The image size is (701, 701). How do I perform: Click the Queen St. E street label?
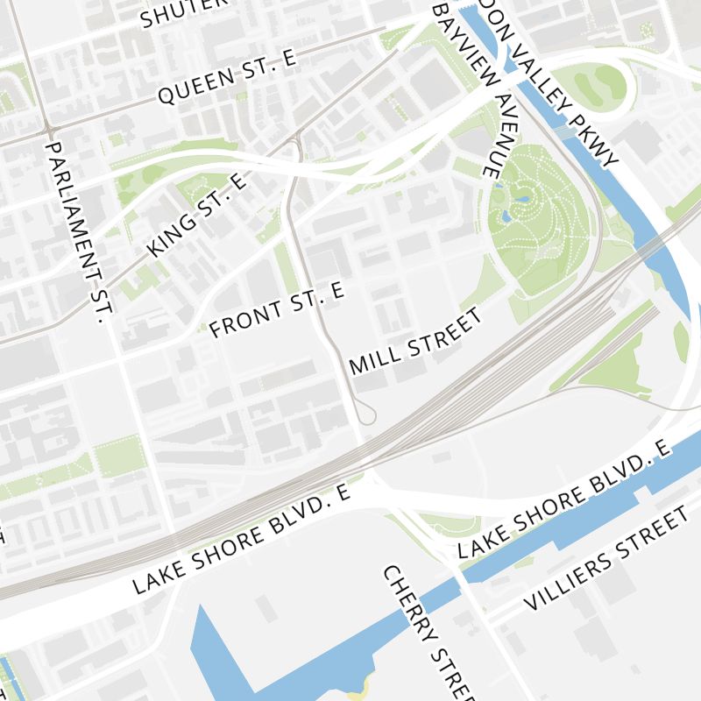(x=228, y=77)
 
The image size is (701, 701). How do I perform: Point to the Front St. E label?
(x=279, y=310)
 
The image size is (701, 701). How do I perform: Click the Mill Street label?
(x=416, y=341)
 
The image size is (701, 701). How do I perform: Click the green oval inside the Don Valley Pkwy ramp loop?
(x=600, y=84)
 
